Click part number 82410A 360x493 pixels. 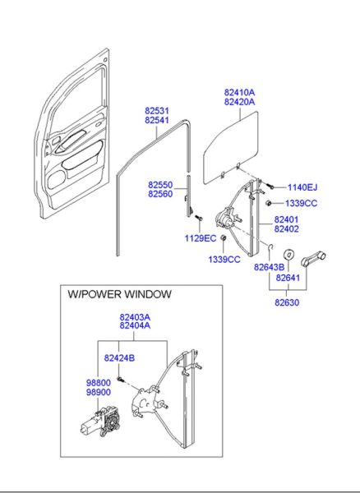[x=239, y=92]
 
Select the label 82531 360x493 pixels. [x=157, y=111]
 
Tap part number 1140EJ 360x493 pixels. [x=302, y=187]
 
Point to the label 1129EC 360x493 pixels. [x=201, y=238]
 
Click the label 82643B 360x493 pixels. [x=269, y=268]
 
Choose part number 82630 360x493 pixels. [x=287, y=302]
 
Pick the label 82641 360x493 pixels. [x=288, y=278]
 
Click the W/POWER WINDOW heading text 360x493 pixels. [x=120, y=294]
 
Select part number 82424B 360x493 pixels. [x=119, y=358]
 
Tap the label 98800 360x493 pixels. [x=99, y=383]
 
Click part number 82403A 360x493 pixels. [x=135, y=317]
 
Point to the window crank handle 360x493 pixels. [x=313, y=260]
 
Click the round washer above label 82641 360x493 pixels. [x=288, y=254]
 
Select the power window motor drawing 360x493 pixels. [x=100, y=422]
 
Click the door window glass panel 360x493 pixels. [x=230, y=147]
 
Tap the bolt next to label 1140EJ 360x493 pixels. [x=270, y=187]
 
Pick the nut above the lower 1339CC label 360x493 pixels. [x=224, y=237]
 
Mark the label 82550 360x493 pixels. [x=160, y=185]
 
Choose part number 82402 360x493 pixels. [x=286, y=229]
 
